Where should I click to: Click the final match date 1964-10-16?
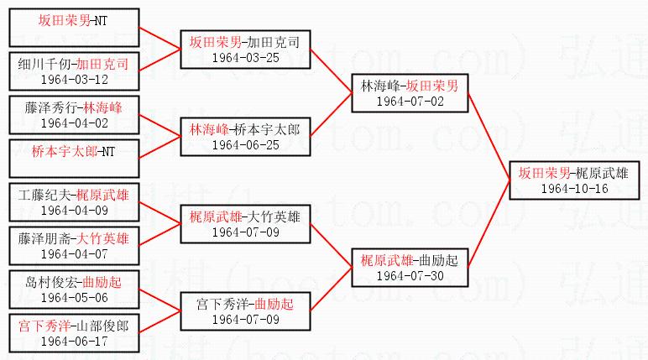pyautogui.click(x=574, y=189)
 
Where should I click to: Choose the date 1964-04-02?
pyautogui.click(x=73, y=122)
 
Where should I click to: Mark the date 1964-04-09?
pyautogui.click(x=73, y=210)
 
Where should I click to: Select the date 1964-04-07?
pyautogui.click(x=73, y=253)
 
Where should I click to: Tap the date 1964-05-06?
pyautogui.click(x=73, y=297)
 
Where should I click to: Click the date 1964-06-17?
pyautogui.click(x=73, y=341)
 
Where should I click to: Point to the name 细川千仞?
pyautogui.click(x=43, y=63)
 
